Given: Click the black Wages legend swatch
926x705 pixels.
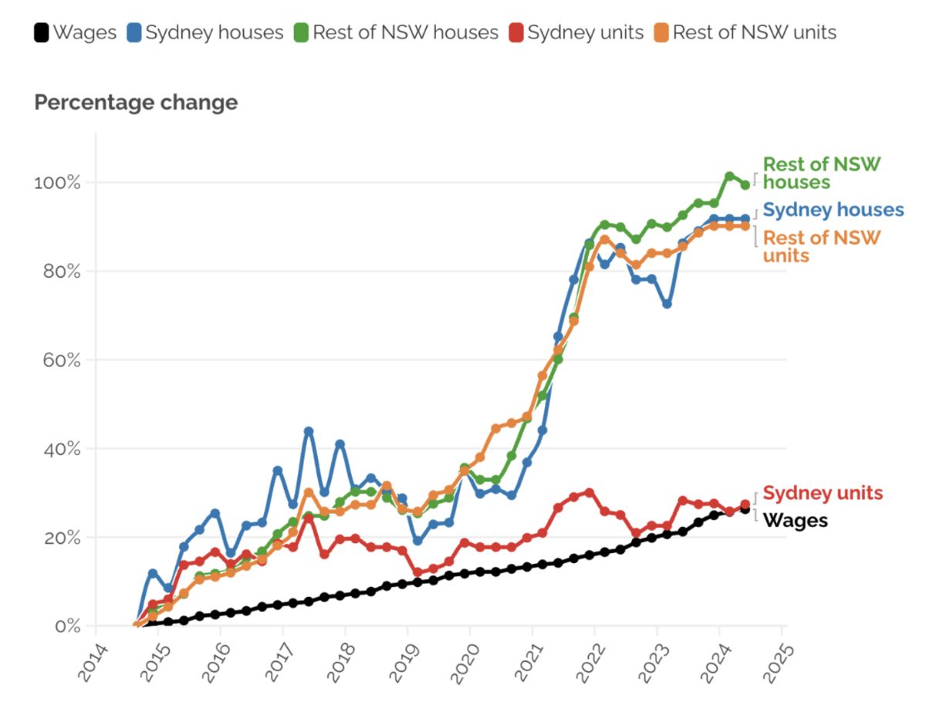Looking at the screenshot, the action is (x=41, y=32).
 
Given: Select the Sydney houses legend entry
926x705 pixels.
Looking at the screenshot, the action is (x=205, y=32).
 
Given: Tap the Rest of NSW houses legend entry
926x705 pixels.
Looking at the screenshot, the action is (x=396, y=32).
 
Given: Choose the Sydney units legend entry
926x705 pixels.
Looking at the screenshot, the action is (x=576, y=32).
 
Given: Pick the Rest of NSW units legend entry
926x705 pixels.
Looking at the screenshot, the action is (x=745, y=32).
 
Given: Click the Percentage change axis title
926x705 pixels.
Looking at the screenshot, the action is (x=136, y=102).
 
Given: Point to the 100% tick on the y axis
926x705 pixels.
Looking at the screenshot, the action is (x=57, y=183).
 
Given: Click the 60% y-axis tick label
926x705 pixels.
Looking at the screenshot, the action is (x=62, y=360).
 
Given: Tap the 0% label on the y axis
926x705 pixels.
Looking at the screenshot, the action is (x=67, y=626).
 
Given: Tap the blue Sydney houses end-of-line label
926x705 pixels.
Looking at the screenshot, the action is (x=833, y=210).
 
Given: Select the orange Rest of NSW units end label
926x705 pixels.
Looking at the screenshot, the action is (x=821, y=247).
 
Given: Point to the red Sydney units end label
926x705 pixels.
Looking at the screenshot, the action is (x=823, y=492).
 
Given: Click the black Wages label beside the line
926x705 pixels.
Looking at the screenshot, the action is (x=796, y=521).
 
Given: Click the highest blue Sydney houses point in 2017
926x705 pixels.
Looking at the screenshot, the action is (x=309, y=431).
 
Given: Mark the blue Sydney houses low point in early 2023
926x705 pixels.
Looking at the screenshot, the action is (x=667, y=304).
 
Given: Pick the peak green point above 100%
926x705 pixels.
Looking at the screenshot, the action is (x=729, y=176).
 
